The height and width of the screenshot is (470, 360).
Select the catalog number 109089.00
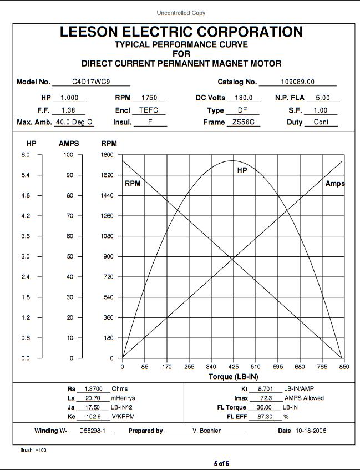(x=297, y=82)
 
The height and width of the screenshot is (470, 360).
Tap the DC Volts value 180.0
(x=244, y=98)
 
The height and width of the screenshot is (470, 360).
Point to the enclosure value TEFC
(x=149, y=110)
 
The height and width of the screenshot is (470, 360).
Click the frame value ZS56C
(x=243, y=122)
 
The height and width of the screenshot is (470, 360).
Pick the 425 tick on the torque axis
(x=234, y=367)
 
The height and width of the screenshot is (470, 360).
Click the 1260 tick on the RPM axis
(x=108, y=216)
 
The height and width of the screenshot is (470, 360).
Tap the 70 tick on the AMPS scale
(x=69, y=216)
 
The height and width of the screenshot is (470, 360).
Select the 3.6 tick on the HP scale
(x=26, y=236)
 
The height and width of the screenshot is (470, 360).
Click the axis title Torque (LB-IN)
(x=233, y=377)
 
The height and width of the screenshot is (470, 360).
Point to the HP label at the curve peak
(x=242, y=170)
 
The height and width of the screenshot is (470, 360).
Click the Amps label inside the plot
(x=334, y=184)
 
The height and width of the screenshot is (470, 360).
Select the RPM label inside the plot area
(x=133, y=184)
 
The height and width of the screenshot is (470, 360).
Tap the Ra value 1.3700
(x=93, y=389)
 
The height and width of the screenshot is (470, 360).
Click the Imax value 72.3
(x=260, y=398)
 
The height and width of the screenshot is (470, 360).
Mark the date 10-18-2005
(x=311, y=431)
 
